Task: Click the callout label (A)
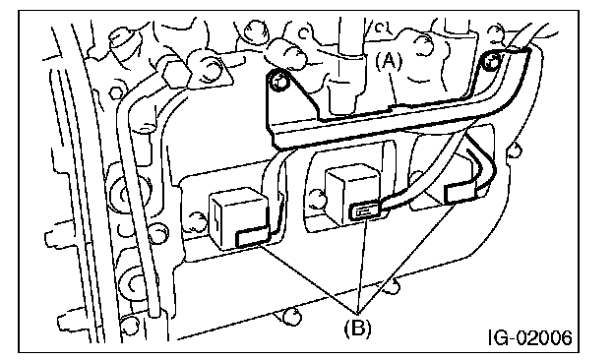pos(389,61)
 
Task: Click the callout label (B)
pos(357,328)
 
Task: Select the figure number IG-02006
pos(529,337)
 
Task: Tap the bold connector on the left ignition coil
pos(252,237)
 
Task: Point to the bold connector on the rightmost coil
pos(460,193)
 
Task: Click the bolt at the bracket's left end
pos(278,82)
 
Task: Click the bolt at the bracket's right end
pos(492,61)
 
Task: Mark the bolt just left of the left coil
pos(198,222)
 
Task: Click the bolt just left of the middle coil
pos(317,199)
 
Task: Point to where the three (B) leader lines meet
pos(357,314)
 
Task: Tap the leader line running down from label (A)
pos(395,87)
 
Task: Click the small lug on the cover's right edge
pos(516,150)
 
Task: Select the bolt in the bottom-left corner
pos(129,324)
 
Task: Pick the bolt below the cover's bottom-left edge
pos(291,316)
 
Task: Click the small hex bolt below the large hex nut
pos(116,93)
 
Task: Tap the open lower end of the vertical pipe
pos(154,310)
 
